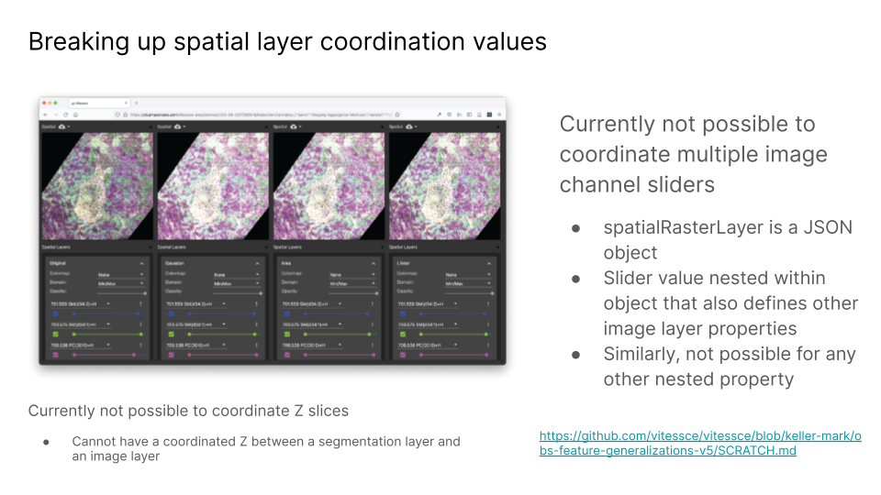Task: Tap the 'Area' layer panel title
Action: (286, 263)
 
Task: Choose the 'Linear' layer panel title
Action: (404, 263)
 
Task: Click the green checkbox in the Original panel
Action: (54, 334)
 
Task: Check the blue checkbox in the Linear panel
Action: (403, 313)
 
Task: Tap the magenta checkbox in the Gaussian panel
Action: (171, 354)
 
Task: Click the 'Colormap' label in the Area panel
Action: (292, 274)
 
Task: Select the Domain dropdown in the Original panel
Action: (119, 283)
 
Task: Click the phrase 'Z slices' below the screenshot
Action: (321, 411)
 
